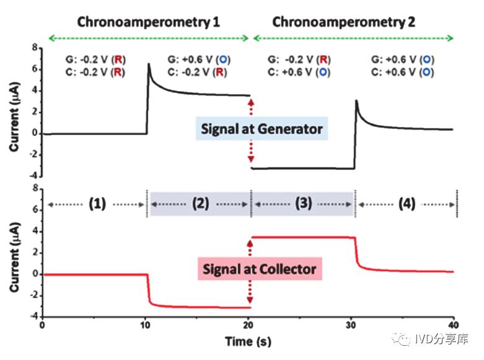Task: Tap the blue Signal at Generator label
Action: [262, 130]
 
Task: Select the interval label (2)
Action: [199, 203]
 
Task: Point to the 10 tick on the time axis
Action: [146, 325]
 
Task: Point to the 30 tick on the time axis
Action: [351, 325]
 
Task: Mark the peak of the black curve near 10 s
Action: [149, 64]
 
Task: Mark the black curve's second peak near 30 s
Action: [356, 100]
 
